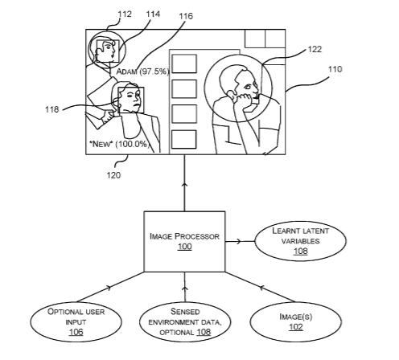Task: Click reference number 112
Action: [125, 14]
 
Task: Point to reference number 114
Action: [153, 14]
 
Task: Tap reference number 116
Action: [186, 16]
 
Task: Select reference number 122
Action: [315, 49]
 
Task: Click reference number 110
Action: [335, 69]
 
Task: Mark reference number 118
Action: [51, 109]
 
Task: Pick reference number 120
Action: [113, 175]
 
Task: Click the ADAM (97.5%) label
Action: [142, 72]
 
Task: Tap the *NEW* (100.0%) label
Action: [120, 144]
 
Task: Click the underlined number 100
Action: [185, 247]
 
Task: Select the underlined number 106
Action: [76, 332]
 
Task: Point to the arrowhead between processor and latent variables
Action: [239, 241]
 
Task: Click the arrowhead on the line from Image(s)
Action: [262, 288]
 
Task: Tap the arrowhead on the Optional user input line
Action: [108, 288]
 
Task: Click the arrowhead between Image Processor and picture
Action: [184, 185]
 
